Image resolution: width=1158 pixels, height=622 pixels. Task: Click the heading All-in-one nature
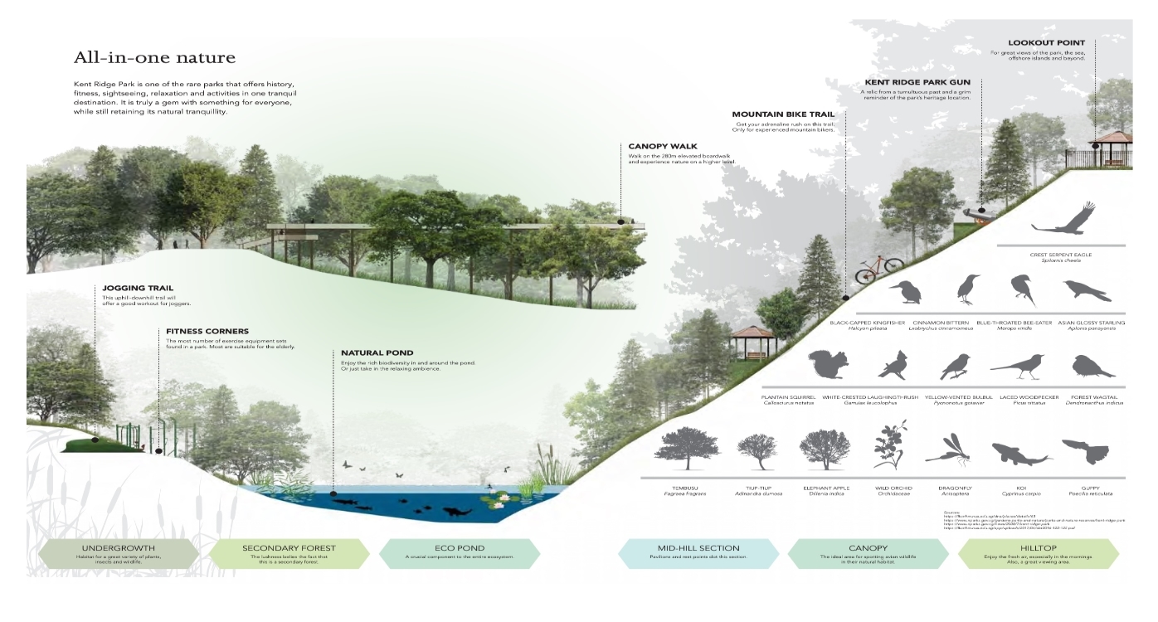[154, 58]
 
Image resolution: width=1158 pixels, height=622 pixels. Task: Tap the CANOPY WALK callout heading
[663, 147]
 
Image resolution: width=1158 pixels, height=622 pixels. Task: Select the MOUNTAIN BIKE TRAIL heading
[782, 114]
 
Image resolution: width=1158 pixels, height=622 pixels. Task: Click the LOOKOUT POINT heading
[1046, 43]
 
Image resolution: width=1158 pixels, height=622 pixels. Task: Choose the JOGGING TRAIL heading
[137, 289]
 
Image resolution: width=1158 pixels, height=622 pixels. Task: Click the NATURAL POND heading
[377, 353]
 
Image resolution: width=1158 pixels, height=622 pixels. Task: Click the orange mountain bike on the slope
[880, 266]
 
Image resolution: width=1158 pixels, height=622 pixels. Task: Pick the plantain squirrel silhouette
[827, 365]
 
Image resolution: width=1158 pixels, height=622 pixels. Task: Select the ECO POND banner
[460, 552]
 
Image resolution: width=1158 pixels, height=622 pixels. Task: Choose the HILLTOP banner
[1039, 552]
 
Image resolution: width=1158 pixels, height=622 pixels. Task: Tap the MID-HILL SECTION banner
[698, 552]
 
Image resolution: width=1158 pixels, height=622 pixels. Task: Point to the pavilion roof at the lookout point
[1111, 137]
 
